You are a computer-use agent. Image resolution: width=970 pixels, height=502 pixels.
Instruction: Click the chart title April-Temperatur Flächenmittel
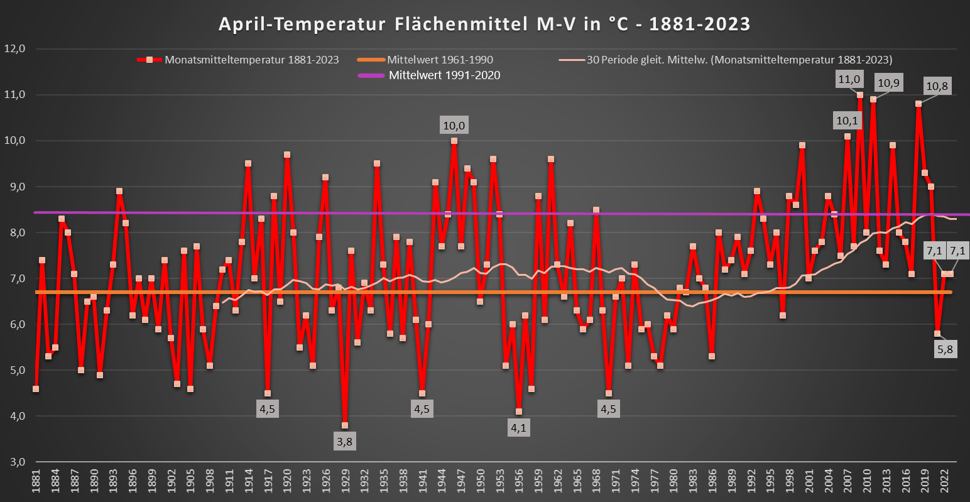pos(484,24)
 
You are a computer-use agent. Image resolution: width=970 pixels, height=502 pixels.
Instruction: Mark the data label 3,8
pos(344,442)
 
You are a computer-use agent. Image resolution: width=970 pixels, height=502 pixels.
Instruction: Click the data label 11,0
pos(849,79)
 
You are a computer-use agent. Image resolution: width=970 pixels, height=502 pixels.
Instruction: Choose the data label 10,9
pos(888,83)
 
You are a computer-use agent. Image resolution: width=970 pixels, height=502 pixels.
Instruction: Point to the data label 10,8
pos(937,87)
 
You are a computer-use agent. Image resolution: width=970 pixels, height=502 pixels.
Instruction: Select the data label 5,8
pos(944,350)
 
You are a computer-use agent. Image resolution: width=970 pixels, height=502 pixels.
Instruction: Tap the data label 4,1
pos(518,428)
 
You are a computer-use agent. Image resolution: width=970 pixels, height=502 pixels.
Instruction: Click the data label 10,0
pos(454,126)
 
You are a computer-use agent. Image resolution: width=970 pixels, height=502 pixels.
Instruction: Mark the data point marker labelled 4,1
pos(518,412)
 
